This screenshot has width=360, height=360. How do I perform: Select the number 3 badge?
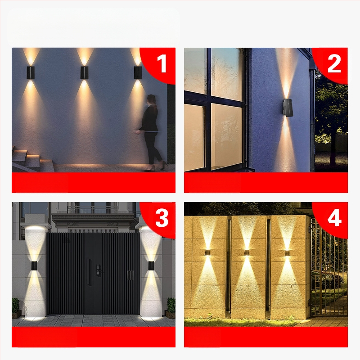click(x=162, y=218)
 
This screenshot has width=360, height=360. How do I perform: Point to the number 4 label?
click(x=334, y=218)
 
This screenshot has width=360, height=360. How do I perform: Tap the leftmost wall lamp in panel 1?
click(x=31, y=73)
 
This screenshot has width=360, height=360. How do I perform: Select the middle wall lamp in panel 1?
click(x=84, y=73)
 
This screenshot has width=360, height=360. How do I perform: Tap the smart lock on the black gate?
click(x=98, y=270)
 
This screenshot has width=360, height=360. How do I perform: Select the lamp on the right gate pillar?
click(x=151, y=265)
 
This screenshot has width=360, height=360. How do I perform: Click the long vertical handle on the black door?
click(x=89, y=272)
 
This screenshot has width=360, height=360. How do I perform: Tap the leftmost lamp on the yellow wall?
click(x=209, y=252)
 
